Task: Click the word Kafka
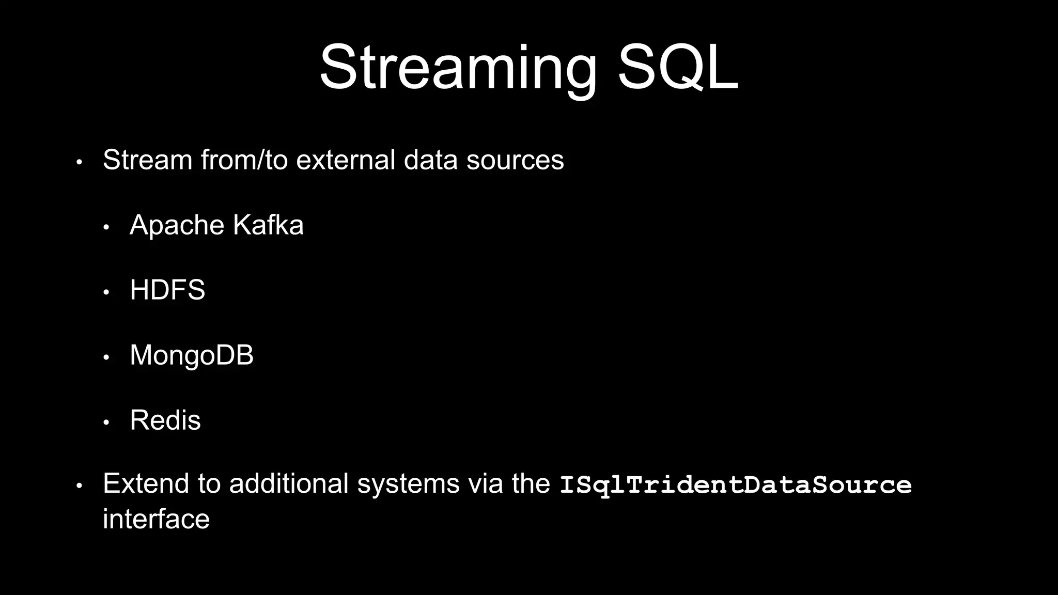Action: point(268,225)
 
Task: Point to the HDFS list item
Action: point(167,290)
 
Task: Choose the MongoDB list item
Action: point(192,355)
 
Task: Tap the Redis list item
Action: point(165,420)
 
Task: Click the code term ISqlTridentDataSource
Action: point(735,484)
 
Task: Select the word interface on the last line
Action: point(156,519)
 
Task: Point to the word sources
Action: point(515,160)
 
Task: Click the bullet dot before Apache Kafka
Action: point(106,227)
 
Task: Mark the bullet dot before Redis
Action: point(106,422)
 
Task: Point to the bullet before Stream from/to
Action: point(79,162)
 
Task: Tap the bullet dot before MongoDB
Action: point(106,357)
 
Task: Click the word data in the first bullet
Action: point(430,160)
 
